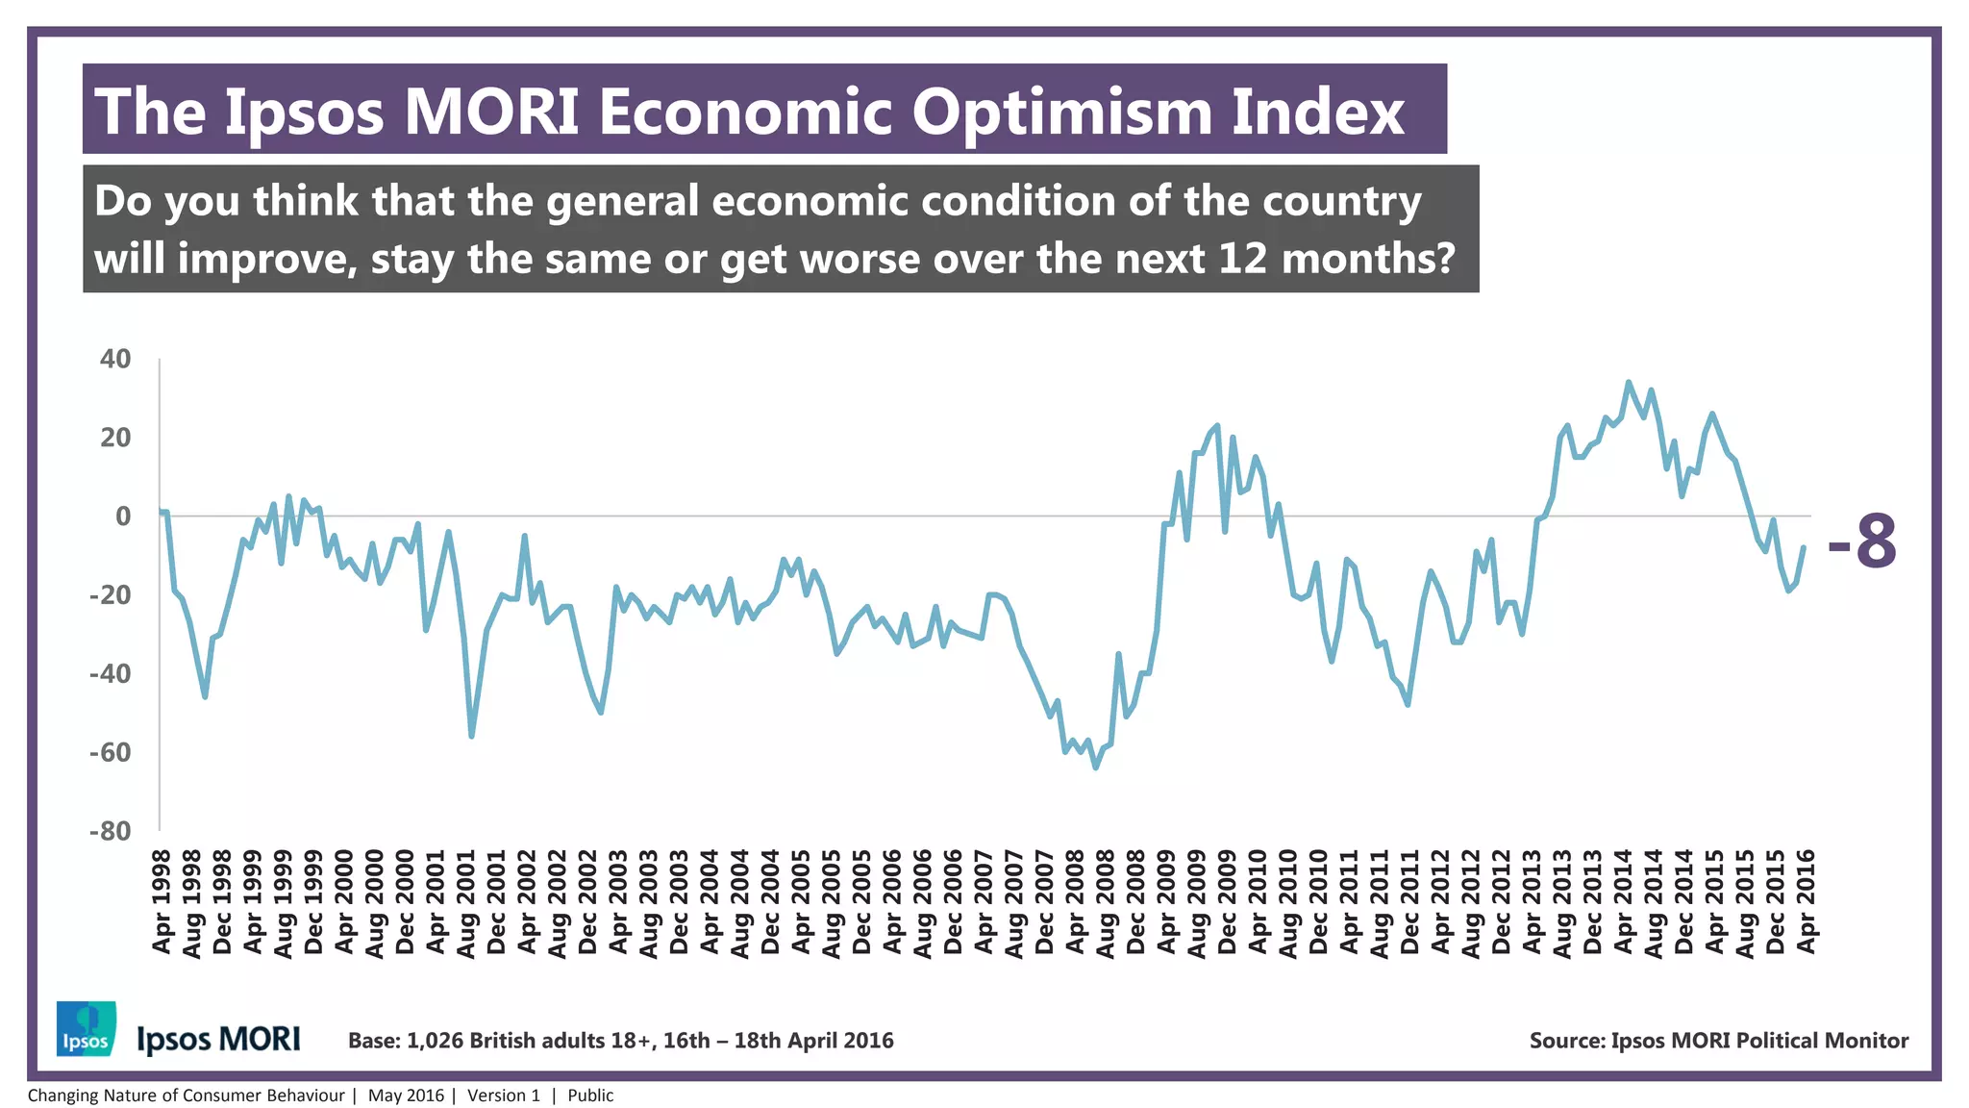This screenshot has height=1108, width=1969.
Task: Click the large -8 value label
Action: coord(1862,541)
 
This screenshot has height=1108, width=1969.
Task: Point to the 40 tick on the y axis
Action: coord(115,359)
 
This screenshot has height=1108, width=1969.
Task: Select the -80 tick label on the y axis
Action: coord(110,831)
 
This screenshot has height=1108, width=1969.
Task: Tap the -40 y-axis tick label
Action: coord(110,673)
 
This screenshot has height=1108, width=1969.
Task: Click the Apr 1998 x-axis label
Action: coord(162,902)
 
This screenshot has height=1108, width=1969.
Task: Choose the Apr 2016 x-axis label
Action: coord(1807,902)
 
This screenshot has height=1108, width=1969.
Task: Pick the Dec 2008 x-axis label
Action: coord(1136,902)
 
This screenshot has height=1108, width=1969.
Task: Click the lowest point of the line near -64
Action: coord(1095,768)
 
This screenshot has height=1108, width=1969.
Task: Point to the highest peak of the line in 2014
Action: coord(1628,382)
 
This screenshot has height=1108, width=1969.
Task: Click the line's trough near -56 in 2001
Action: coord(471,736)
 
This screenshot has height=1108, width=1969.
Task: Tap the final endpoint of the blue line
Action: coord(1804,547)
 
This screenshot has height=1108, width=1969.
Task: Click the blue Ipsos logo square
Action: coord(87,1028)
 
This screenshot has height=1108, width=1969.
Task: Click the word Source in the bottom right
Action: coord(1566,1041)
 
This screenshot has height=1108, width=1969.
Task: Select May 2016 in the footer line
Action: coord(406,1095)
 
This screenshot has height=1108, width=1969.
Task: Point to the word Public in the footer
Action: coord(589,1095)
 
